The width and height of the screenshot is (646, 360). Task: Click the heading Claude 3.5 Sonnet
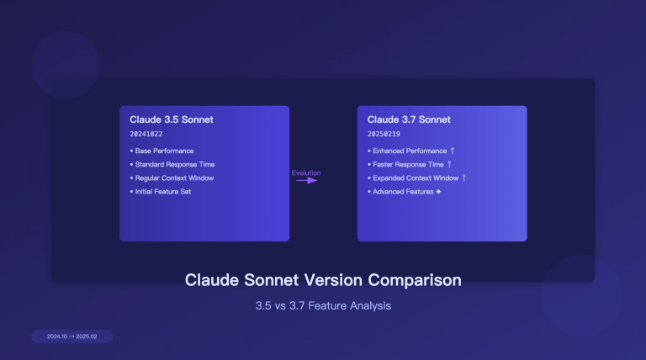tap(172, 119)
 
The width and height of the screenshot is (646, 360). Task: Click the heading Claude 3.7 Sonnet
tap(409, 119)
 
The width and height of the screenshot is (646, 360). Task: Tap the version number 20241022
tap(147, 135)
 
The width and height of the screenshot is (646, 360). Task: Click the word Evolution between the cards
tap(306, 173)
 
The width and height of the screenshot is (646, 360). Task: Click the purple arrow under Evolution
tap(306, 180)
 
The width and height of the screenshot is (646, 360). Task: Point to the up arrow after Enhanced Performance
tap(453, 151)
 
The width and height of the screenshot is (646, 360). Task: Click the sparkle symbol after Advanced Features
tap(438, 192)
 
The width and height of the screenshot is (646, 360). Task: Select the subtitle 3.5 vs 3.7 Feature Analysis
tap(323, 306)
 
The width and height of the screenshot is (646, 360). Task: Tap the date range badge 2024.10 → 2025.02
tap(72, 336)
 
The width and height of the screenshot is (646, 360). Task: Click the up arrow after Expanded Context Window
tap(463, 177)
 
